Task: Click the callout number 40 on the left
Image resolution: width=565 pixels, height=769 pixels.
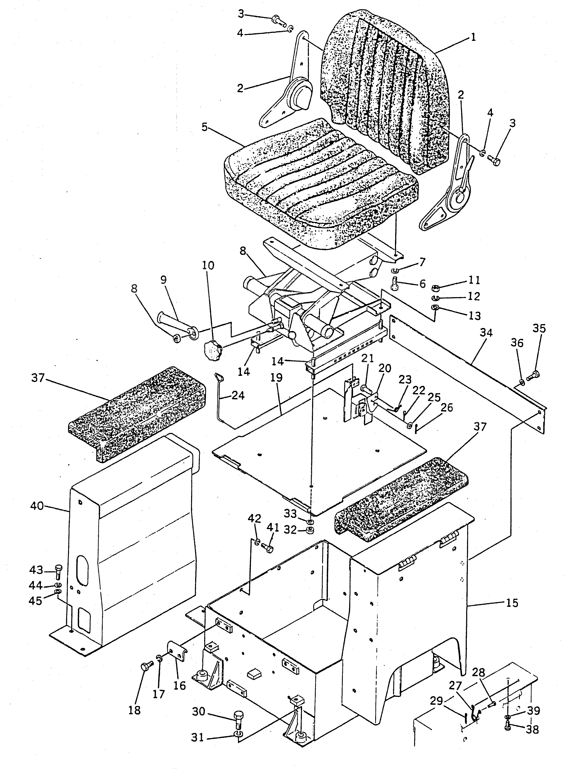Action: point(37,506)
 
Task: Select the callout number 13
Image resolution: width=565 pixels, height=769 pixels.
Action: point(475,316)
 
